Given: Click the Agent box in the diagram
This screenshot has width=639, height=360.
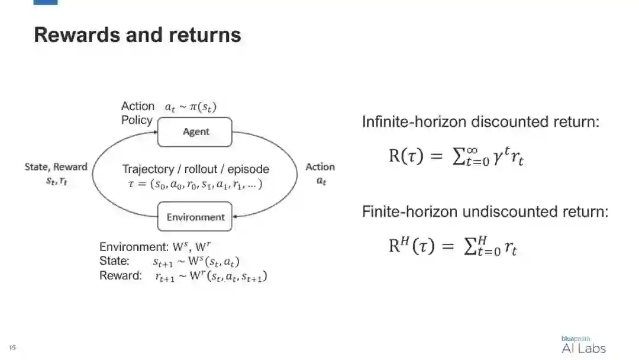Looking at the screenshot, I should click(195, 131).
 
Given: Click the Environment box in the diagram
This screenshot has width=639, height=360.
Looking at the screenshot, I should click(195, 217).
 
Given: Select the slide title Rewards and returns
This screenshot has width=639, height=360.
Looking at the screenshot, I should click(137, 35).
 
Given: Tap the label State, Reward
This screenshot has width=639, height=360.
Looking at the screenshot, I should click(56, 167).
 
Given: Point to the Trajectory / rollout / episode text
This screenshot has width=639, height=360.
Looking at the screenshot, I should click(195, 169).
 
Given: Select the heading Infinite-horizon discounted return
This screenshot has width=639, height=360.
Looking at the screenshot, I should click(480, 123).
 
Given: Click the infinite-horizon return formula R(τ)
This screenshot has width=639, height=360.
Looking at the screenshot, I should click(456, 157).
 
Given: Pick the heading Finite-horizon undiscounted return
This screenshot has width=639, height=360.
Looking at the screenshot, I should click(485, 211).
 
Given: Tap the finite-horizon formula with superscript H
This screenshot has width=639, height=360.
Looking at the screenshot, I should click(453, 245).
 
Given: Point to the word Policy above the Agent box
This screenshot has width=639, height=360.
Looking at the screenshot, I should click(137, 120).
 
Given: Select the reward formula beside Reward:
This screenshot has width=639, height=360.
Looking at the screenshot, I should click(210, 277).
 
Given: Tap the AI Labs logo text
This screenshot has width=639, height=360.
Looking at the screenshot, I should click(583, 348).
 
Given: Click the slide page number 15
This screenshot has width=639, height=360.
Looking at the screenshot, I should click(12, 348).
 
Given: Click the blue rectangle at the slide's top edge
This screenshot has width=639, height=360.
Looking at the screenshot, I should click(46, 2).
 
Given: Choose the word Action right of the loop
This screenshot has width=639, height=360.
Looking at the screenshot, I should click(320, 167).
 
